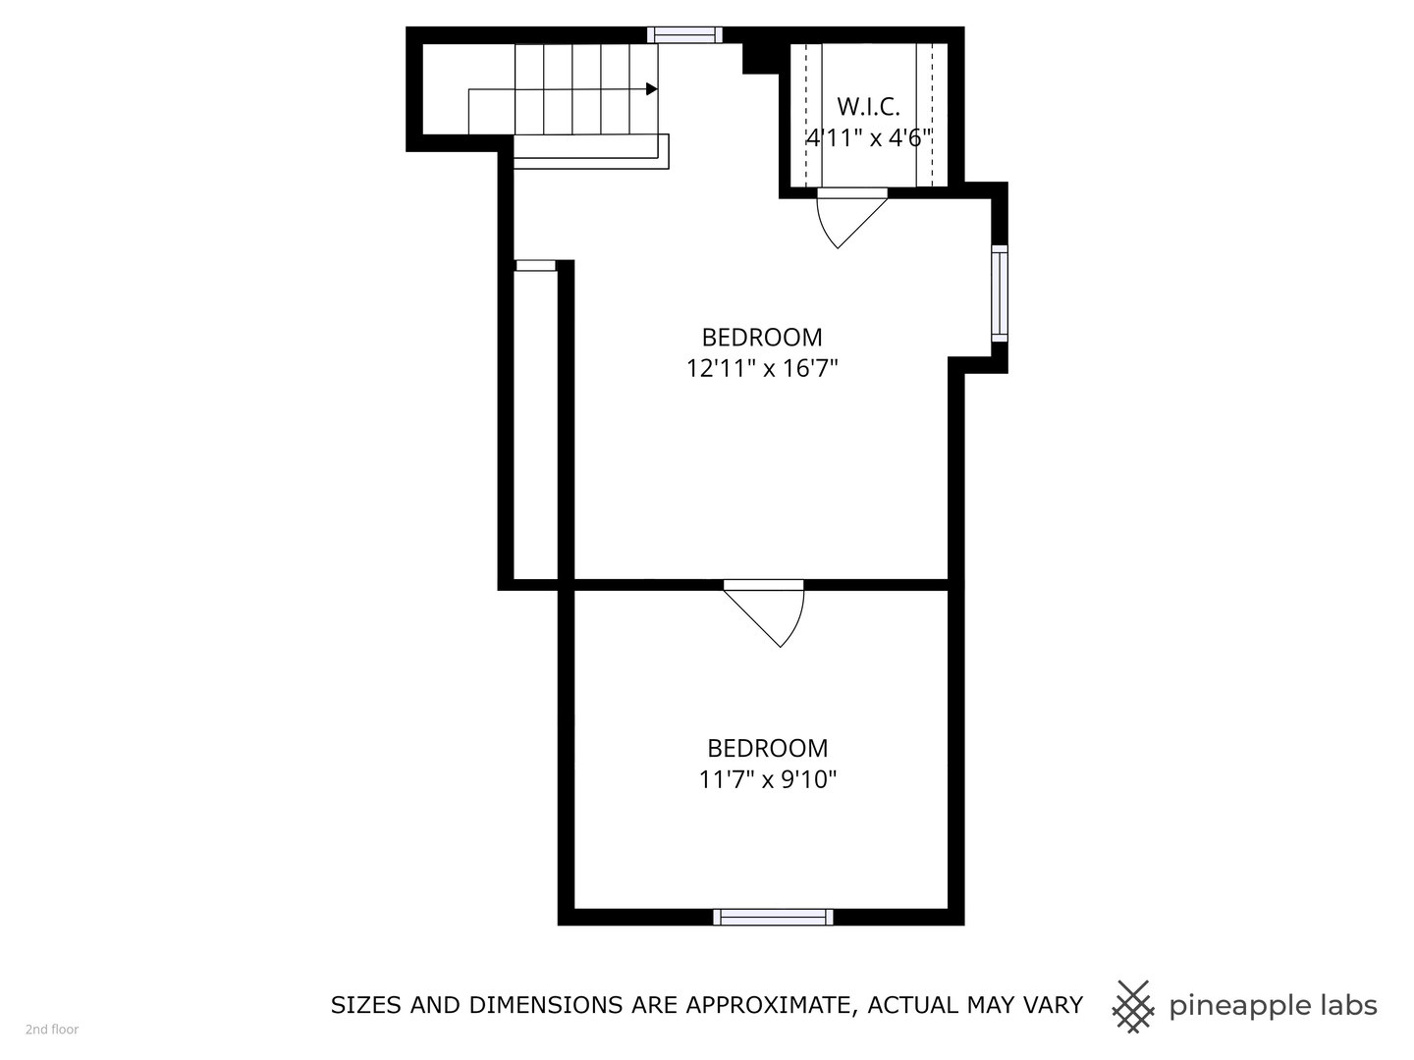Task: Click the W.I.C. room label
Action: pos(868,106)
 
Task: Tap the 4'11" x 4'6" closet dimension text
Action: pos(868,137)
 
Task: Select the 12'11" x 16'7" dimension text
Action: pos(762,369)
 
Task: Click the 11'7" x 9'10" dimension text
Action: pos(767,780)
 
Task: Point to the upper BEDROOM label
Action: pos(762,337)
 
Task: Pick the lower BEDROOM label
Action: pos(767,748)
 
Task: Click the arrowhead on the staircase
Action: pos(651,89)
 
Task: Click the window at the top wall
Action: pos(684,35)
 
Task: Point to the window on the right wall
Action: pos(1000,292)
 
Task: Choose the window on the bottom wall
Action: pos(773,917)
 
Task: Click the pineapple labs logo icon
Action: pos(1132,1006)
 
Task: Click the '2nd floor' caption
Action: pos(52,1030)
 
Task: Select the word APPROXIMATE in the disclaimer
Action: pos(766,1005)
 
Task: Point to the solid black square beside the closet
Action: pos(759,58)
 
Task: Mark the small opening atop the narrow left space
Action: pos(535,265)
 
